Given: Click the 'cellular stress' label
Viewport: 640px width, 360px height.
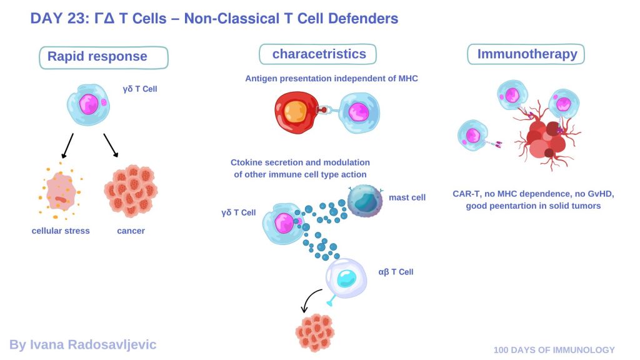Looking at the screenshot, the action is (x=61, y=231).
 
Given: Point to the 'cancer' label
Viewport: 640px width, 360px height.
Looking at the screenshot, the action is (x=131, y=231).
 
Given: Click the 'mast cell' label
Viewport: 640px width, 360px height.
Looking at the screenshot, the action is (x=407, y=197).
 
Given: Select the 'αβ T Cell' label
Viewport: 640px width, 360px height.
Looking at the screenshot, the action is (x=396, y=272).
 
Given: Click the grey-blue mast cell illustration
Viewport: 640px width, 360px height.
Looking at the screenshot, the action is (x=365, y=201).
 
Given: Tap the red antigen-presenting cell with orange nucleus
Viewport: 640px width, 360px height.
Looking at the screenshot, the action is (x=296, y=112).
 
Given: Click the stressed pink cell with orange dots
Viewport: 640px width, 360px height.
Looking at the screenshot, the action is (x=61, y=191).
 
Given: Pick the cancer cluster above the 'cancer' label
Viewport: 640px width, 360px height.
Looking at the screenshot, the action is (x=131, y=191).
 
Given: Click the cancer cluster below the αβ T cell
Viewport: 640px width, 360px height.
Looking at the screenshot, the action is (x=315, y=332).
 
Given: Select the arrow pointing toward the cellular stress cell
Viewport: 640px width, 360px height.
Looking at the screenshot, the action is (x=67, y=146).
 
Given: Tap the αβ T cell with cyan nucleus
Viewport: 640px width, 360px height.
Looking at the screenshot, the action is (x=346, y=278).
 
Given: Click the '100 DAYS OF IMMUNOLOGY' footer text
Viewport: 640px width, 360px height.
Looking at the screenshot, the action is (x=554, y=350).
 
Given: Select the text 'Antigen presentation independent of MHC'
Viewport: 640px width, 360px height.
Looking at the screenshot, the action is (x=331, y=78).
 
